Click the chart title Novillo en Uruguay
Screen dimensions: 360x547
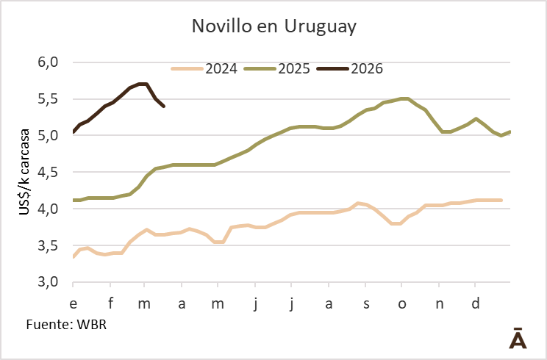tap(273, 27)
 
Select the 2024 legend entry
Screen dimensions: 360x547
tap(221, 69)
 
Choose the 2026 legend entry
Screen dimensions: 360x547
tap(367, 69)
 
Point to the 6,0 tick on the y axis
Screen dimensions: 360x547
tap(46, 62)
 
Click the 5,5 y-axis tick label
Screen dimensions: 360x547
tap(46, 99)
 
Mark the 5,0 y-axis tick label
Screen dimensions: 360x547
tap(46, 136)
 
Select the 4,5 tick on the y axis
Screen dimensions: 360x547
tap(46, 173)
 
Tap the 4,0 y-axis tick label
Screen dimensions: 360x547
tap(46, 209)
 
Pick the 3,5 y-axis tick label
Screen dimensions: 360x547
tap(46, 246)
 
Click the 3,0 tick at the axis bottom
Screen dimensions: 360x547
tap(46, 283)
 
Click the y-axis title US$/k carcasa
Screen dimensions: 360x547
tap(25, 173)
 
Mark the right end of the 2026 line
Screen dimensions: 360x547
tap(163, 107)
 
